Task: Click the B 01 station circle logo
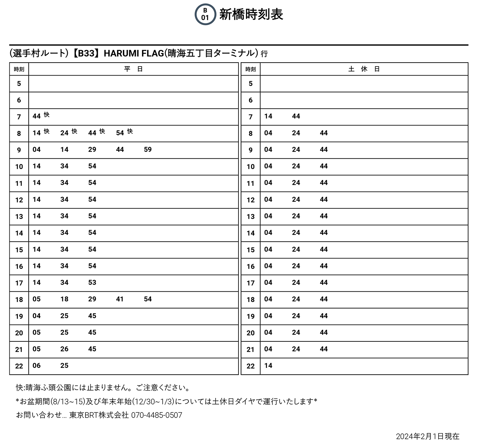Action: (x=205, y=15)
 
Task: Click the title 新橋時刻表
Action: (x=251, y=15)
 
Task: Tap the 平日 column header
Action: (x=133, y=69)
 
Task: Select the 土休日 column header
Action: (x=364, y=69)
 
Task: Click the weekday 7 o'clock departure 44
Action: (x=36, y=116)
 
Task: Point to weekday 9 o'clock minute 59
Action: (x=148, y=149)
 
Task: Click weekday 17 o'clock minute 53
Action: (x=92, y=282)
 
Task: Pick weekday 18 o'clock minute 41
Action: (x=120, y=299)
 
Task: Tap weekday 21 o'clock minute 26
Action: (x=65, y=349)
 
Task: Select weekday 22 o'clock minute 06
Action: (x=36, y=366)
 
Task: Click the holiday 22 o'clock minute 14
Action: (x=268, y=366)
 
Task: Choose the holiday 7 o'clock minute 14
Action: (x=268, y=116)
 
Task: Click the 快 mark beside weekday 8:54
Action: (x=130, y=131)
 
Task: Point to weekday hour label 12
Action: (x=19, y=200)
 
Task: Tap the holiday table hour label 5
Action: (x=250, y=84)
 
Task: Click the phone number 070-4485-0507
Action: (x=156, y=415)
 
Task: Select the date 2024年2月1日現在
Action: (x=428, y=437)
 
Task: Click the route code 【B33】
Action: (x=86, y=53)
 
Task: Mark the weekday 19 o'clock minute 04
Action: (x=36, y=316)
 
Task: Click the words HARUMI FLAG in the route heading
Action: (x=134, y=53)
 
